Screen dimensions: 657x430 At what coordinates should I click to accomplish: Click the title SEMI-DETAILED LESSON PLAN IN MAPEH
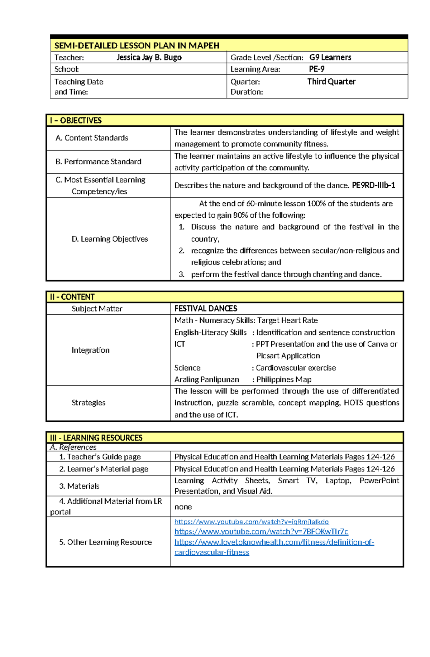137,45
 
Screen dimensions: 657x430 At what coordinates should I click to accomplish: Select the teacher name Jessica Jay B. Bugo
149,57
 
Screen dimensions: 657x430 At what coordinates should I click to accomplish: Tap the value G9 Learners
330,57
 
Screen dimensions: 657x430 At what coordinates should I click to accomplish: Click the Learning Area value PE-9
316,69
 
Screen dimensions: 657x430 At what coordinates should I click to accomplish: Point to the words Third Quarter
331,82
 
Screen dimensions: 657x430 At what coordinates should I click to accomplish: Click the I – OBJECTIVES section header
76,121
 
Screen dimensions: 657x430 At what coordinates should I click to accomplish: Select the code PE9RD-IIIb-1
373,185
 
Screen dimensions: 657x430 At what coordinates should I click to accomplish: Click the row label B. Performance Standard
98,162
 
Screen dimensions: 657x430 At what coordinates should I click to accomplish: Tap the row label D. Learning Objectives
110,239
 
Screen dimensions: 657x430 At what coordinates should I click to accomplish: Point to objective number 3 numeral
181,275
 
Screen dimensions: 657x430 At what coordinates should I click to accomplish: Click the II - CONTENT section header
72,297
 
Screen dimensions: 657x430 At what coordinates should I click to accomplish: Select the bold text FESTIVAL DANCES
206,309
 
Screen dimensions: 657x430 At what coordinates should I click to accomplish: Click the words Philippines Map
284,380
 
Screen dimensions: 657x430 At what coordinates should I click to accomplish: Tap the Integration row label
90,350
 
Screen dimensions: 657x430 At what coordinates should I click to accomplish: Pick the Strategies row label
88,403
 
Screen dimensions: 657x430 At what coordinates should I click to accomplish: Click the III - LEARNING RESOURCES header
96,438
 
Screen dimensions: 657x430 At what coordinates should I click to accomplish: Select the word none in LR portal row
183,507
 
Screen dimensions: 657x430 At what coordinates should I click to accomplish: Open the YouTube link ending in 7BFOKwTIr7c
261,532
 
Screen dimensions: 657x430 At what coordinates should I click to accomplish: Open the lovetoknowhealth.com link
274,542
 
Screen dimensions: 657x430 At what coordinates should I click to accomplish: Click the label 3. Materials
79,486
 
